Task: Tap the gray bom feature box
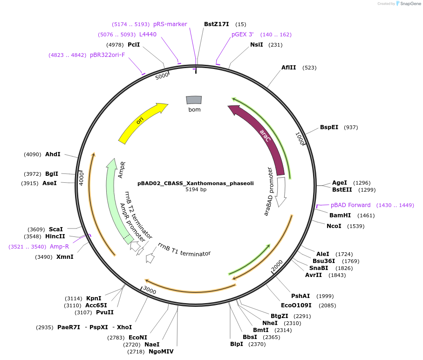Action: tap(194, 100)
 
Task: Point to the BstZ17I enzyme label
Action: tap(217, 24)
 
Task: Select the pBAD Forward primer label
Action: tap(351, 205)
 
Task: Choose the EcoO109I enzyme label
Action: tap(299, 305)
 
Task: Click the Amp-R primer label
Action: tap(59, 246)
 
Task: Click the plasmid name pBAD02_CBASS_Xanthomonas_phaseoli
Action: tap(196, 183)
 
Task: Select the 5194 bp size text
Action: tap(196, 190)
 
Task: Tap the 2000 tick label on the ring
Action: tap(277, 266)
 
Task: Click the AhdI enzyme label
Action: tap(53, 154)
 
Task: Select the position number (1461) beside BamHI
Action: tap(366, 215)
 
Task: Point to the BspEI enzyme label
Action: tap(329, 127)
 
